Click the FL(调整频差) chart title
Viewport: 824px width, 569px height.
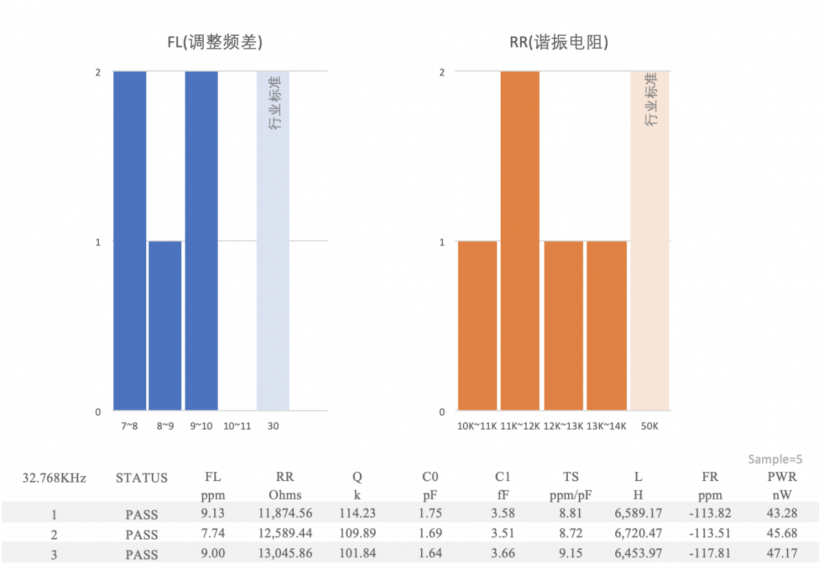click(x=215, y=43)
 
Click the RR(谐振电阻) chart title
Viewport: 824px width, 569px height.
click(x=558, y=43)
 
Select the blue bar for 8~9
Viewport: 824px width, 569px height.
click(x=165, y=326)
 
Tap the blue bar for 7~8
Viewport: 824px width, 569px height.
click(x=130, y=241)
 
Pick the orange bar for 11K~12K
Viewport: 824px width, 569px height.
click(x=520, y=241)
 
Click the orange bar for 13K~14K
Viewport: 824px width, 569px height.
click(x=606, y=326)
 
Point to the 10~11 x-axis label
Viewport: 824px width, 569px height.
click(x=238, y=426)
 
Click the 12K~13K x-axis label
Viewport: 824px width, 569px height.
click(x=563, y=426)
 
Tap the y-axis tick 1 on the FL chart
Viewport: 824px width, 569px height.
click(x=98, y=242)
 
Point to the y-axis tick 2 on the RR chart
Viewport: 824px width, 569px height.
click(x=442, y=72)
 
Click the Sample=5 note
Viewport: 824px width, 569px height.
click(x=775, y=460)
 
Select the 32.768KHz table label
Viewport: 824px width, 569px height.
click(x=54, y=478)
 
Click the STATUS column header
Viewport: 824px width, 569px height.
click(x=141, y=478)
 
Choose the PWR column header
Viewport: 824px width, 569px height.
click(x=782, y=476)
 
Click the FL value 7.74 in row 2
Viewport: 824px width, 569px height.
click(x=213, y=534)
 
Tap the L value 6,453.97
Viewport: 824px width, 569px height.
click(x=639, y=554)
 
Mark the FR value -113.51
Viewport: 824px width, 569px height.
click(x=711, y=534)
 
